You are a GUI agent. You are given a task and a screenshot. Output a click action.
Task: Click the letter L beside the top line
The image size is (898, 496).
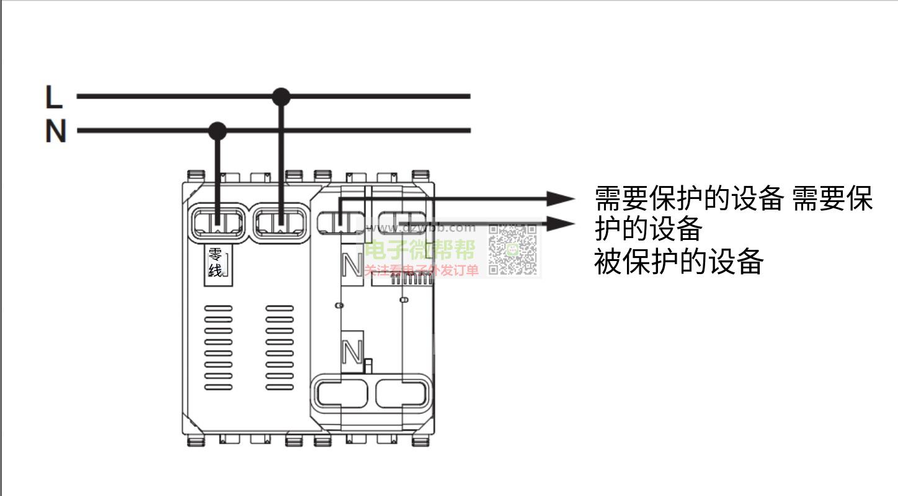pos(54,97)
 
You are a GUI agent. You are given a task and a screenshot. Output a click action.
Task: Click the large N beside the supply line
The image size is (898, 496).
pos(55,131)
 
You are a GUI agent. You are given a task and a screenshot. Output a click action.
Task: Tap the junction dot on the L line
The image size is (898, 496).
pos(281,96)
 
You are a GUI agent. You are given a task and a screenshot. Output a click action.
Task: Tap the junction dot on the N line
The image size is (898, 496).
pos(217,131)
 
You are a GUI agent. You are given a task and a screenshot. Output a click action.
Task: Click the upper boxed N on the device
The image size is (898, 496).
pos(352,265)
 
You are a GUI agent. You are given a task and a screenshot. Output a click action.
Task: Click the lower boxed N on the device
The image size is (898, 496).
pos(352,352)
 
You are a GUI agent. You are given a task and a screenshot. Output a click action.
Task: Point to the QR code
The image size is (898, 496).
pos(512,250)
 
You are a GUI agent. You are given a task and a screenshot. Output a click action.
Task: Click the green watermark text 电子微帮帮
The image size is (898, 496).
pos(420,250)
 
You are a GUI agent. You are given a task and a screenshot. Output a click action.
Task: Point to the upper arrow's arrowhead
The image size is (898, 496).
pos(562,199)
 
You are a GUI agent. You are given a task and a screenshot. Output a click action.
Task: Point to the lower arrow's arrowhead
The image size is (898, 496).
pos(562,223)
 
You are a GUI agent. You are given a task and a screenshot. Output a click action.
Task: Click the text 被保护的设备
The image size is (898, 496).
pos(678,262)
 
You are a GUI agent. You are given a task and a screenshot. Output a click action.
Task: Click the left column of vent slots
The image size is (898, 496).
pos(218,347)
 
